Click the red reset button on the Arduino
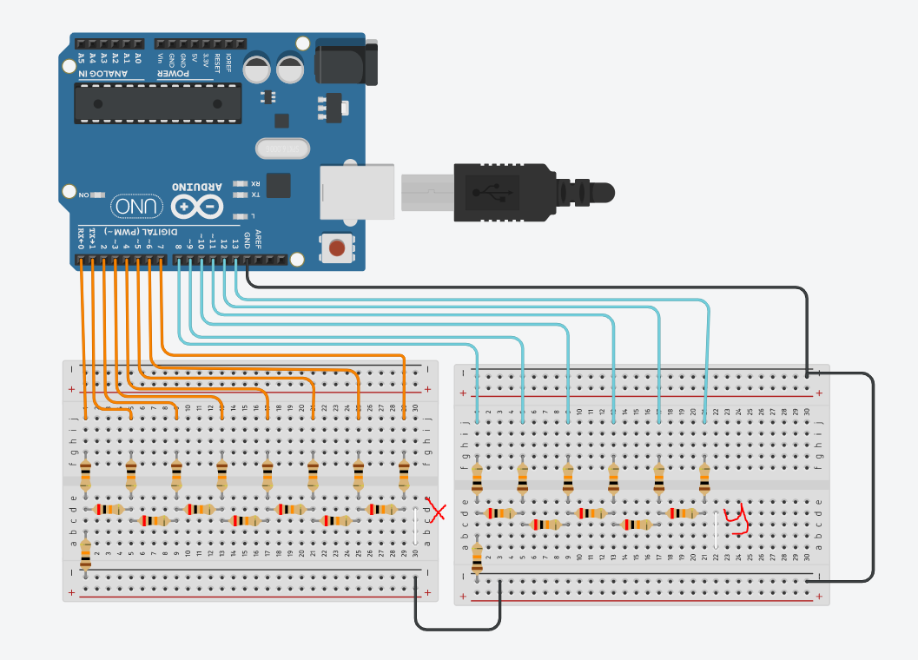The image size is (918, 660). [x=337, y=249]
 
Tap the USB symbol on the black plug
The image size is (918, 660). [x=492, y=191]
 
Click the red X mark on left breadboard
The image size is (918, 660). [x=437, y=511]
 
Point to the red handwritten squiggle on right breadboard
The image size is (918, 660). [x=736, y=518]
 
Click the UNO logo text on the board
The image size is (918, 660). [x=137, y=207]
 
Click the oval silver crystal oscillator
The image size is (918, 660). [x=282, y=149]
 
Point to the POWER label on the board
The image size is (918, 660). [x=175, y=74]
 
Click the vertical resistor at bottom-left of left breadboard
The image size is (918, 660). [x=85, y=552]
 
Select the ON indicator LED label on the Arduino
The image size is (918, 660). [x=84, y=195]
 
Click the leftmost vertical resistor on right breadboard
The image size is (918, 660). [x=477, y=478]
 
